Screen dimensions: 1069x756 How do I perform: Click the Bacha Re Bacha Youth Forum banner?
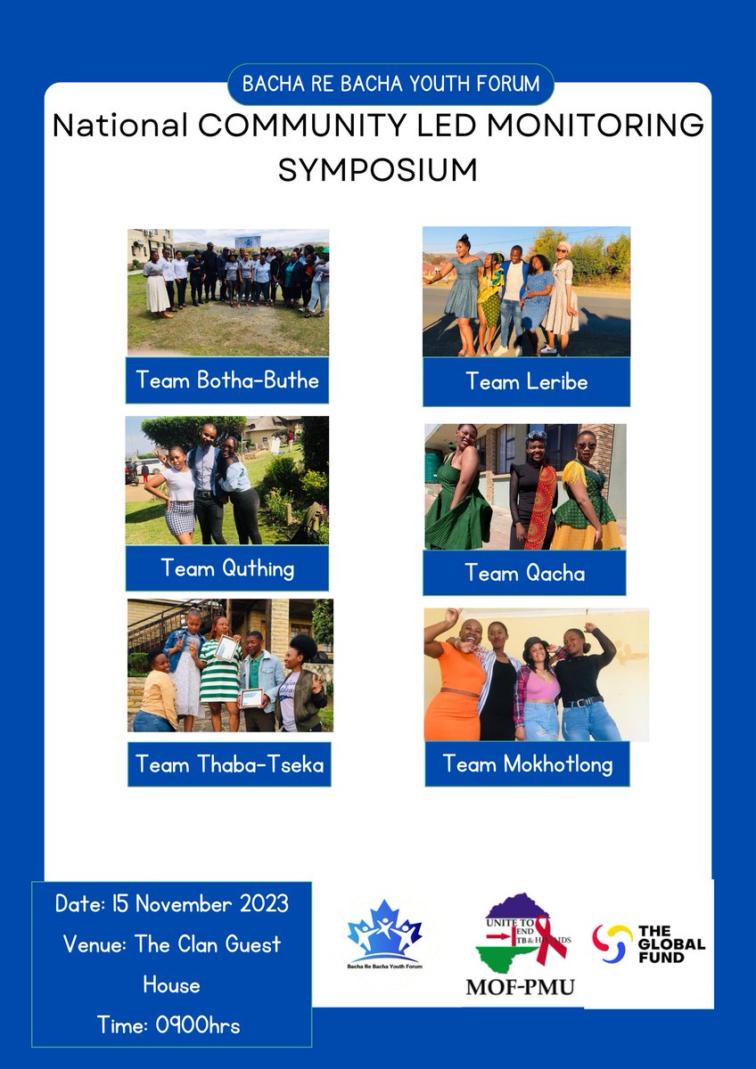coord(390,85)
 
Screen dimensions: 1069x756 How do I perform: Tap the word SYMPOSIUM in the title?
coord(377,168)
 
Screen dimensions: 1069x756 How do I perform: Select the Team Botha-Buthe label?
coord(226,380)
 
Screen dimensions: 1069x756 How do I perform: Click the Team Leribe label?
coord(526,381)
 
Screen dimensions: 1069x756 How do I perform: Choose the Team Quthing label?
coord(226,567)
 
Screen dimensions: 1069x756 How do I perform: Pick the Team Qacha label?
coord(524,572)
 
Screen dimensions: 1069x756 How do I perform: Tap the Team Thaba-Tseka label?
coord(228,763)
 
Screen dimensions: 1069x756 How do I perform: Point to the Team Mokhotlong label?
coord(527,763)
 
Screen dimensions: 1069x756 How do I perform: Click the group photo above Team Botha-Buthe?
coord(227,292)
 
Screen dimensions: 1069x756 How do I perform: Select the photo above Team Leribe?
coord(526,291)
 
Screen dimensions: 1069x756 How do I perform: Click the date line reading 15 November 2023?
coord(172,903)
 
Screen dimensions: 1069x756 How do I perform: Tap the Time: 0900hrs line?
coord(168,1025)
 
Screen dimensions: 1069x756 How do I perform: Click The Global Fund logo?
coord(650,944)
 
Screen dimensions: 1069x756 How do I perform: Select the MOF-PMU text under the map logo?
coord(521,986)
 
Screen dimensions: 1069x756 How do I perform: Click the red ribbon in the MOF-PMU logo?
coord(551,936)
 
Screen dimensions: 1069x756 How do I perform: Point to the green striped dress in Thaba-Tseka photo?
coord(219,681)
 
